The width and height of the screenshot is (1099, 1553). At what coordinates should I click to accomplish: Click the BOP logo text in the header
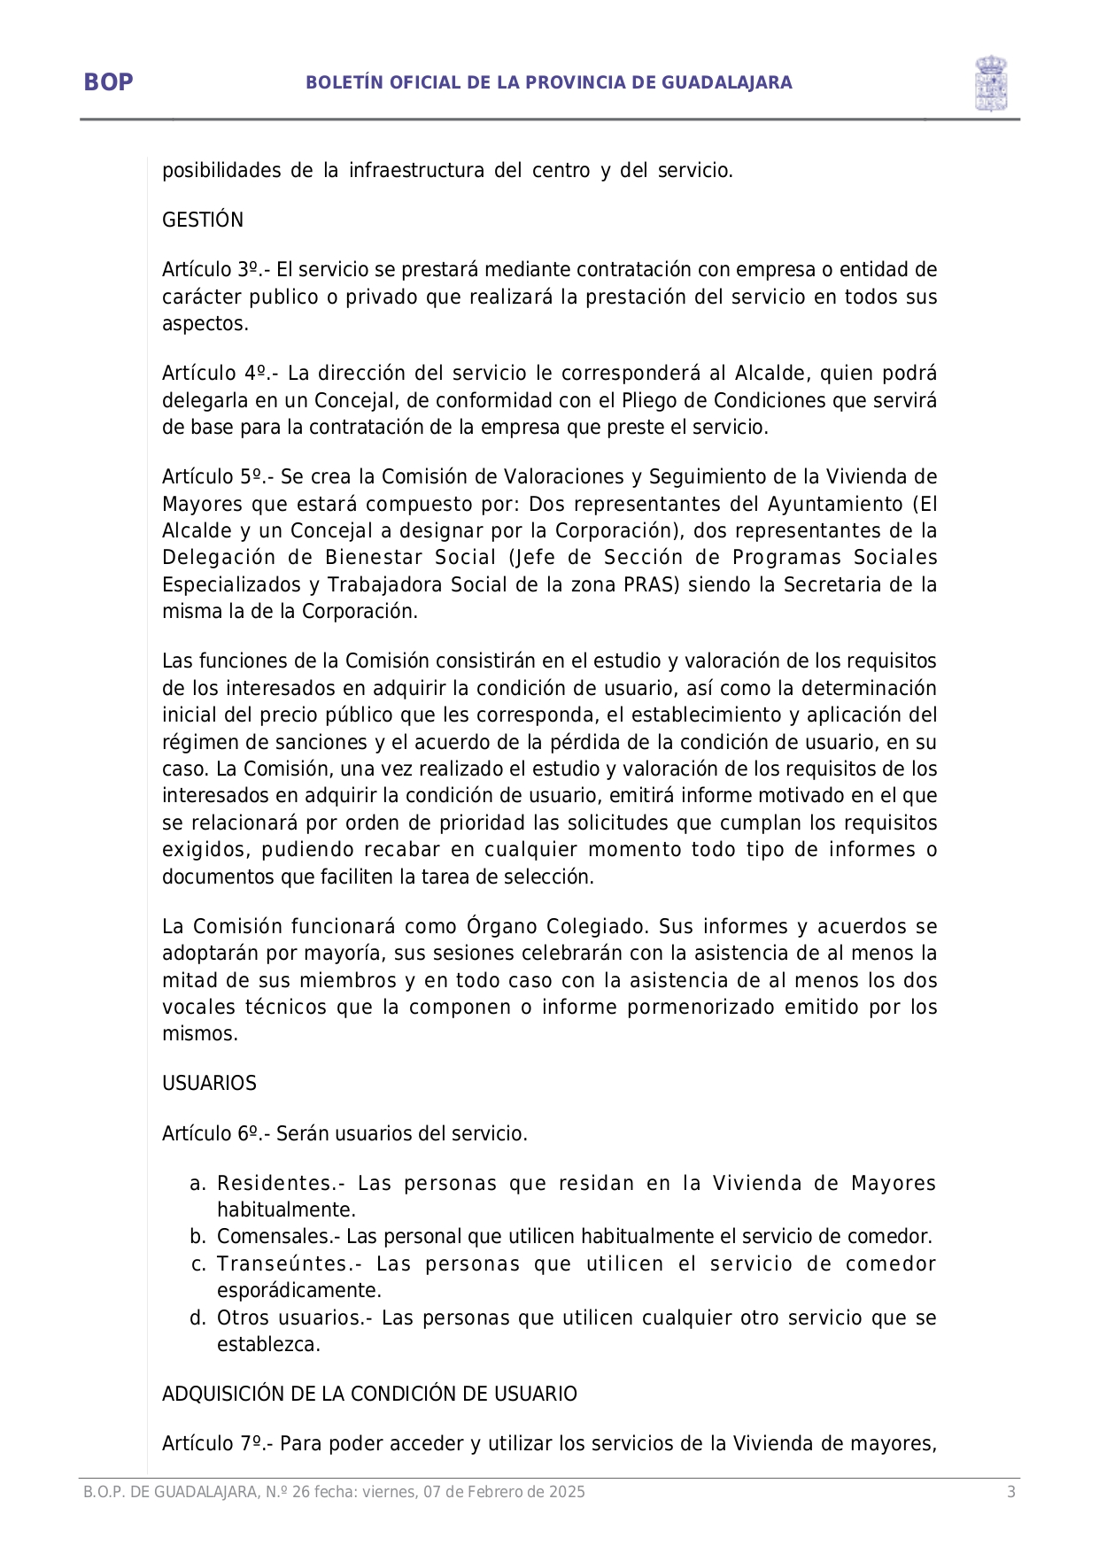pyautogui.click(x=108, y=82)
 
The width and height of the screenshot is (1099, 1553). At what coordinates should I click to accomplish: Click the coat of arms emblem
pyautogui.click(x=991, y=83)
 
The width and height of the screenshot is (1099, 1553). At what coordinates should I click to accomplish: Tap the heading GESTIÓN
pyautogui.click(x=203, y=220)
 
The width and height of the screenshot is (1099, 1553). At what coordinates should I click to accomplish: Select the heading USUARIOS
pyautogui.click(x=209, y=1084)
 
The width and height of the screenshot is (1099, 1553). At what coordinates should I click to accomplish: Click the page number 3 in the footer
pyautogui.click(x=1011, y=1492)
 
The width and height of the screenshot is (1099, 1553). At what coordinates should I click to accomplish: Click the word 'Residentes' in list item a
pyautogui.click(x=275, y=1184)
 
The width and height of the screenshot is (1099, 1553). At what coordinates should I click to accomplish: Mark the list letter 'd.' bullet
pyautogui.click(x=197, y=1318)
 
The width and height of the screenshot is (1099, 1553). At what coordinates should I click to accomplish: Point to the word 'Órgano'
pyautogui.click(x=501, y=927)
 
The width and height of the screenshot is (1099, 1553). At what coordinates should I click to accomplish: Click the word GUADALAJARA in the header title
pyautogui.click(x=727, y=83)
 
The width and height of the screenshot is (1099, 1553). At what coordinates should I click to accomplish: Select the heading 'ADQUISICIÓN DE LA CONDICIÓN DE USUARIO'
pyautogui.click(x=369, y=1395)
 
